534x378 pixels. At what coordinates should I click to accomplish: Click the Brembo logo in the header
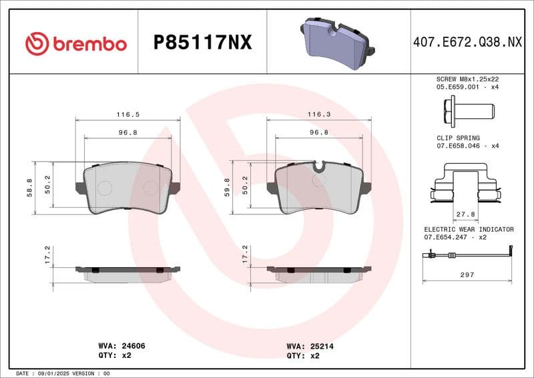tap(75, 43)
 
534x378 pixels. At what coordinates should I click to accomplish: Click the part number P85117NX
tap(202, 43)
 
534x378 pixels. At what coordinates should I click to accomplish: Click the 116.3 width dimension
tap(318, 115)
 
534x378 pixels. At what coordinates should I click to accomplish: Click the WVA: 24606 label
tap(121, 347)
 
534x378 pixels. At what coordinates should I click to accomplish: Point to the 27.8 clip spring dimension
tap(465, 214)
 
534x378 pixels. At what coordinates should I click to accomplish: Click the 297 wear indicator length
tap(467, 274)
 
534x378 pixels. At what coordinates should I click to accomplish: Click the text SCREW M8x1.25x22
tap(467, 78)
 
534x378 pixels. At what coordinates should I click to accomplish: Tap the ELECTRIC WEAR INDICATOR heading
tap(469, 229)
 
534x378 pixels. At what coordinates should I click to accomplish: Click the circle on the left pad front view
tap(104, 188)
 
